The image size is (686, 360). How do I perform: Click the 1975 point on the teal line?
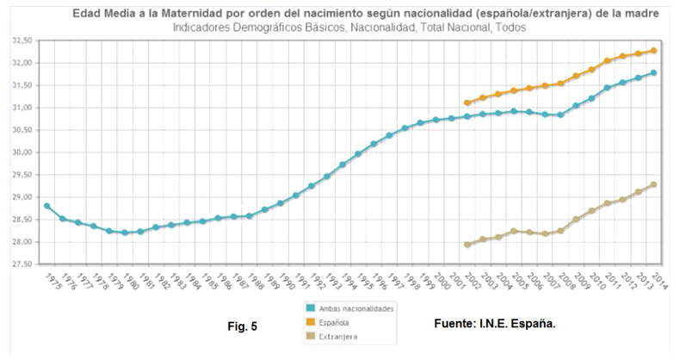(x=46, y=206)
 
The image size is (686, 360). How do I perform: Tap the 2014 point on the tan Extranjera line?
(x=653, y=184)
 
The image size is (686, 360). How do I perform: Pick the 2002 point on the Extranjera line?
(x=467, y=245)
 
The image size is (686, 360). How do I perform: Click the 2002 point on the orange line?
(x=467, y=102)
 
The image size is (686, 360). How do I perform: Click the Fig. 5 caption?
(x=236, y=326)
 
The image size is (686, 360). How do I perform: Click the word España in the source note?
(x=534, y=325)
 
